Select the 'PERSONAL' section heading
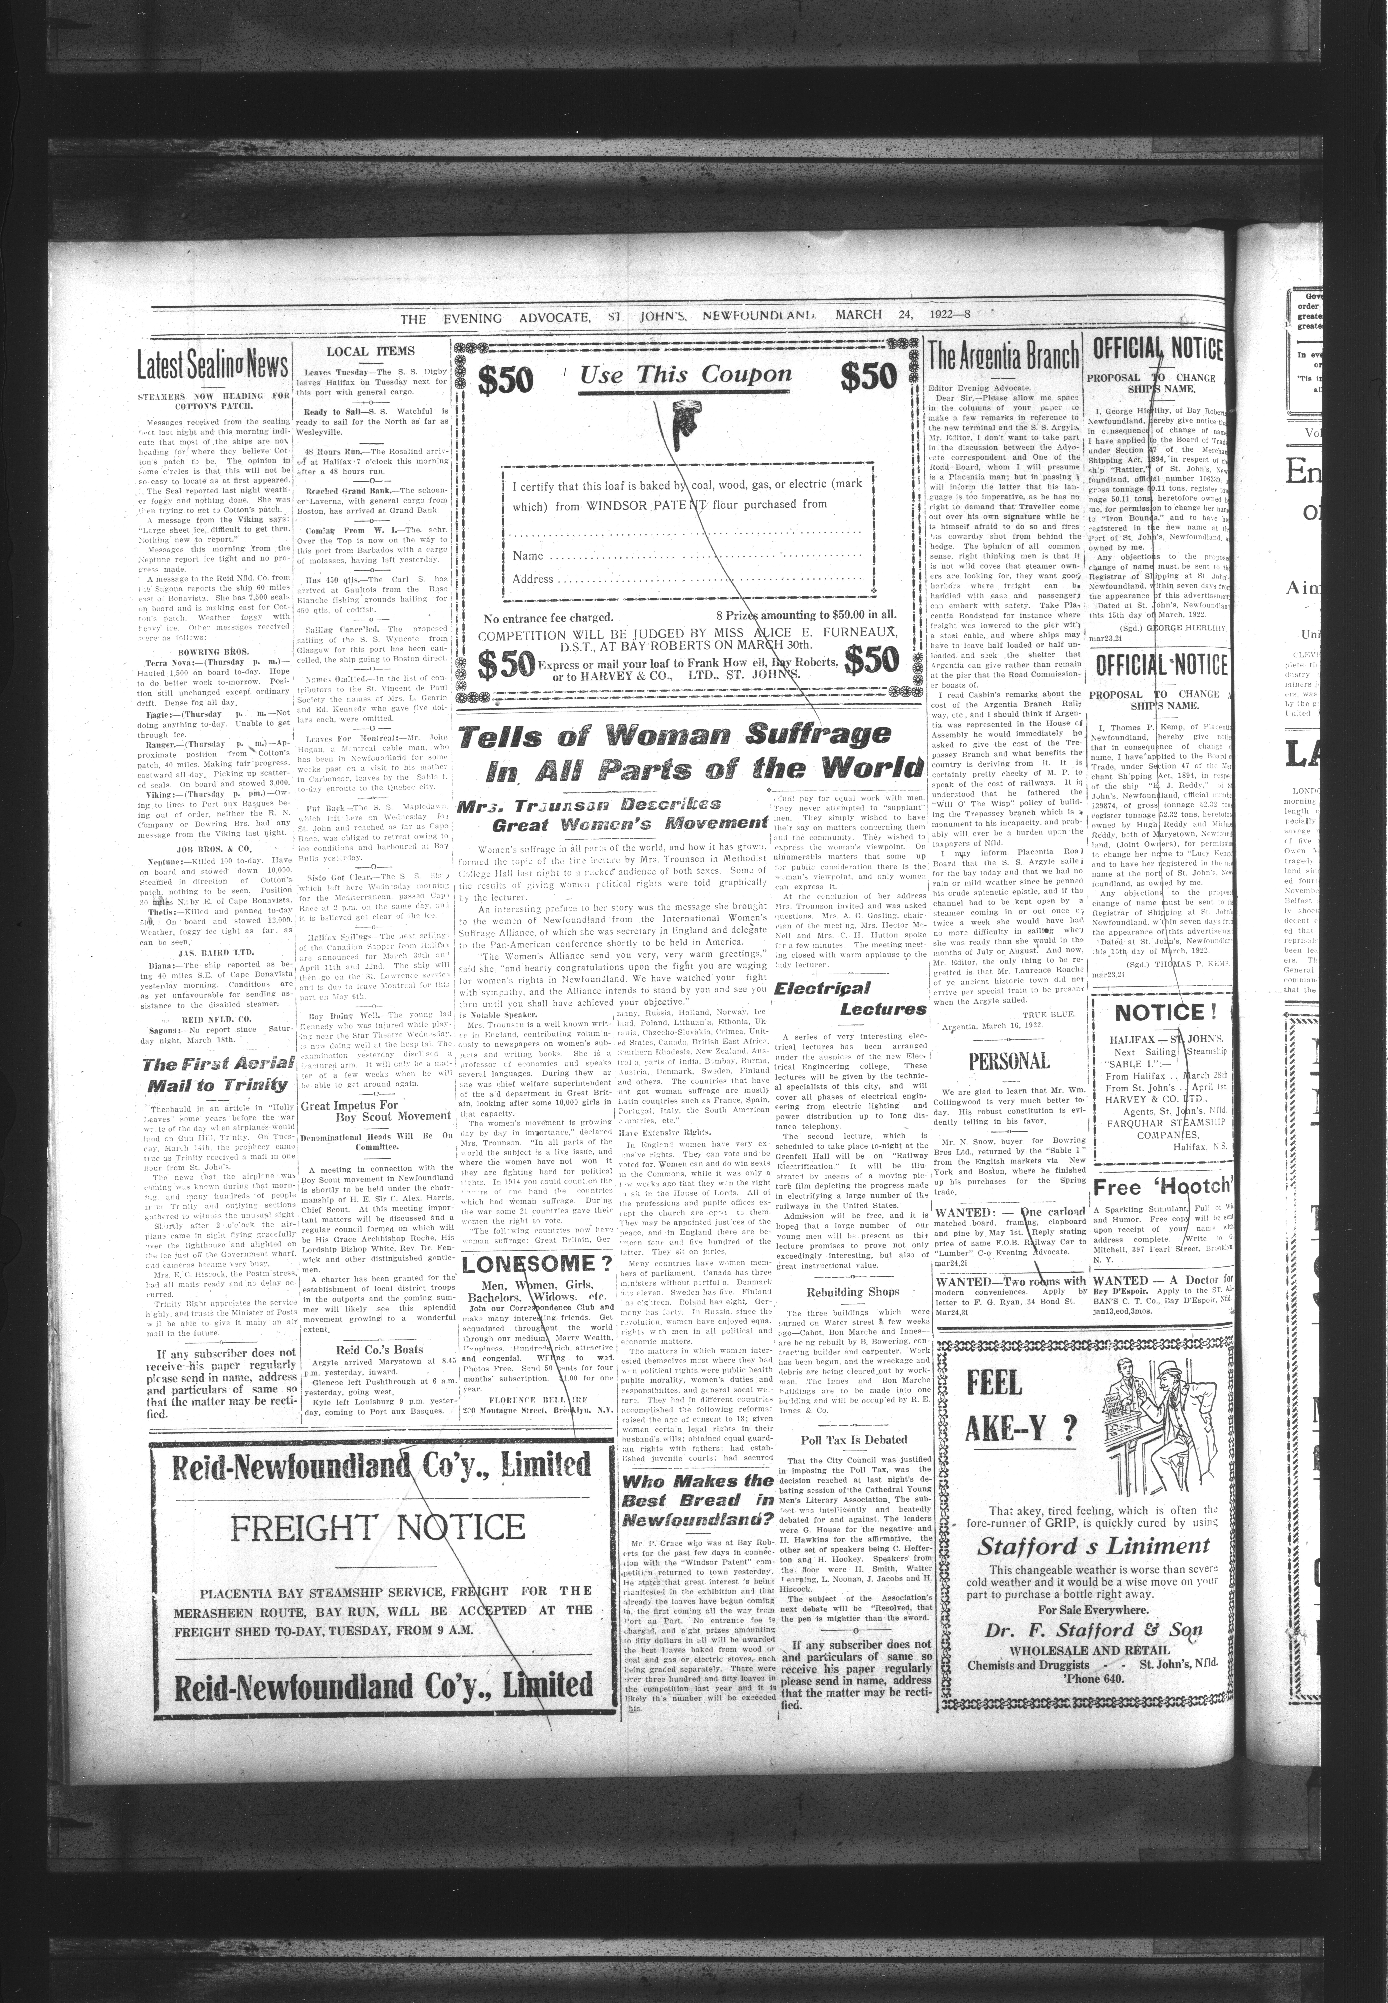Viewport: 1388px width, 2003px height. pos(1009,1061)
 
